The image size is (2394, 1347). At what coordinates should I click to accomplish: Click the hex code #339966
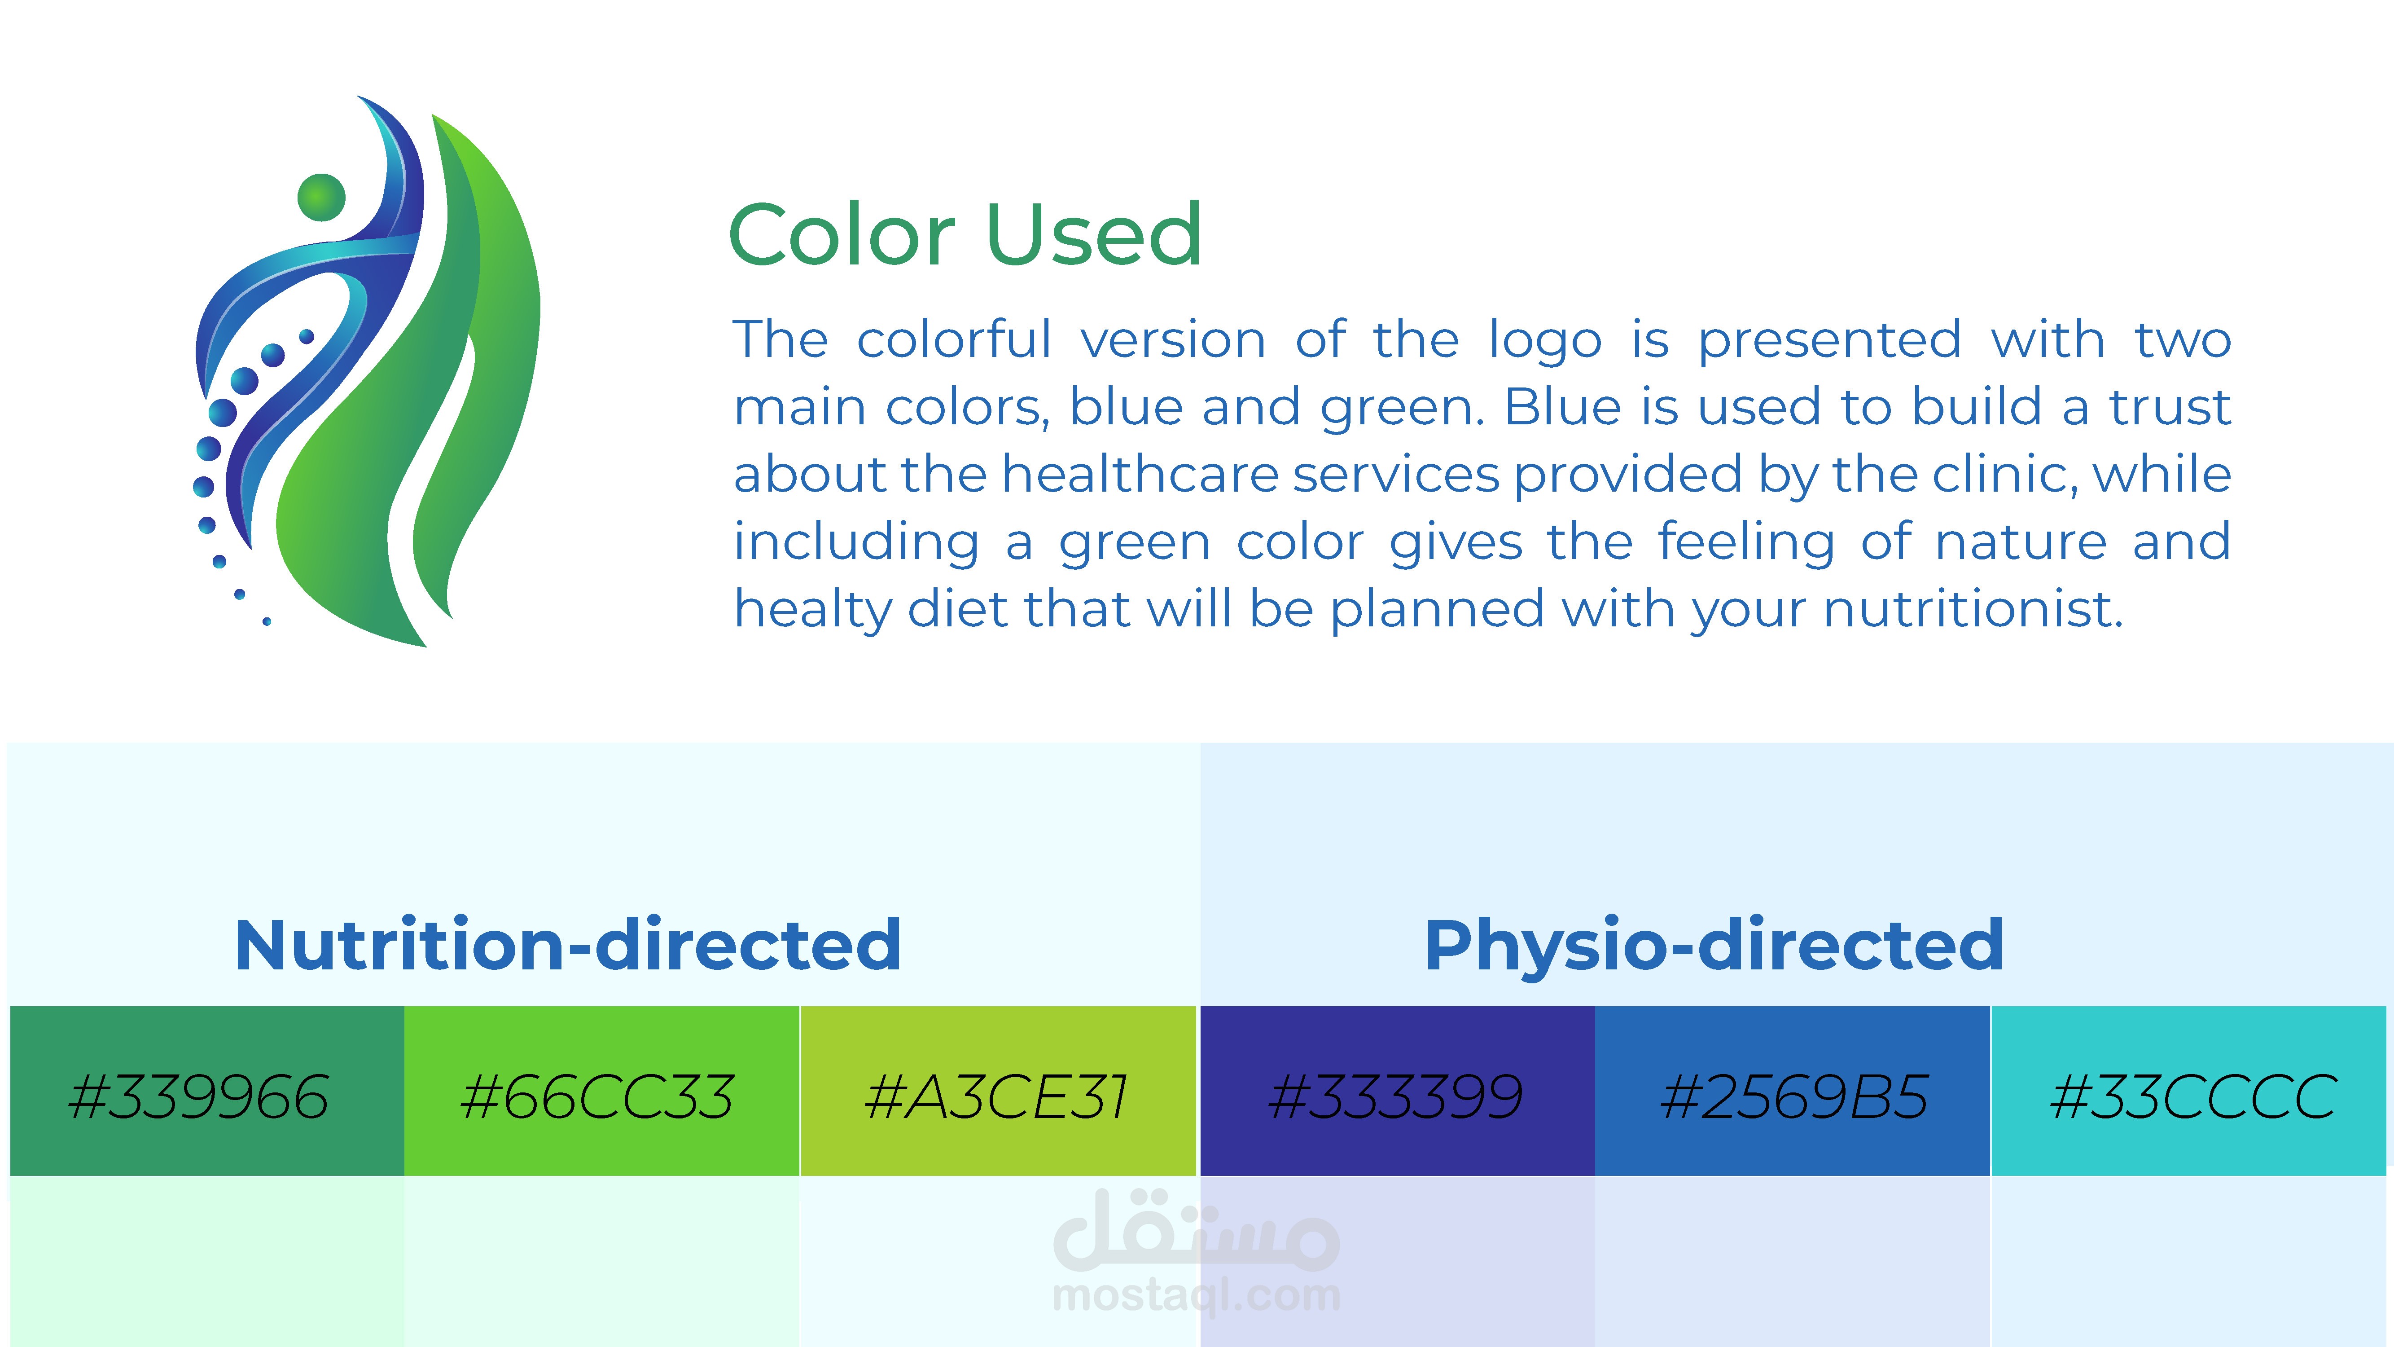(199, 1097)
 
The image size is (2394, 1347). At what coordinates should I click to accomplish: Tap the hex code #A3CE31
(996, 1097)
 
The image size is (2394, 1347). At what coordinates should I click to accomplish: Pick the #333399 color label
(1396, 1097)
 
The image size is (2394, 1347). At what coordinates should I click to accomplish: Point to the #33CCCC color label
(2193, 1097)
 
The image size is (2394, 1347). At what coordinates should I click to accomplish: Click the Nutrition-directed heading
(568, 946)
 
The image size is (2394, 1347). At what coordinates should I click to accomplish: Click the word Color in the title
(842, 234)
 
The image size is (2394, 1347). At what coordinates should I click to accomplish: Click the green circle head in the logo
(321, 197)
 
